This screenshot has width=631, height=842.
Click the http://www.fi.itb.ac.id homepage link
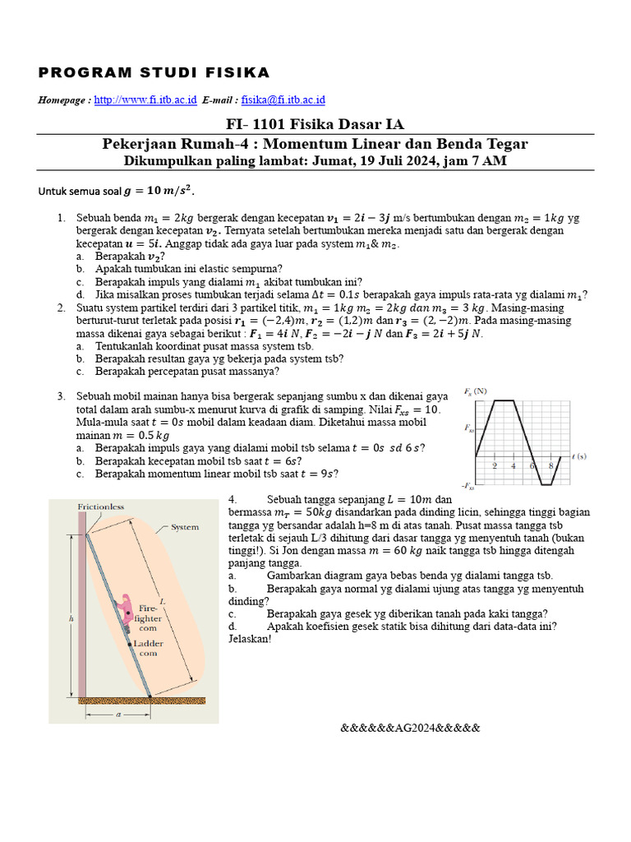[x=145, y=100]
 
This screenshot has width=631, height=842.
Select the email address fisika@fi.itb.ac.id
[x=283, y=100]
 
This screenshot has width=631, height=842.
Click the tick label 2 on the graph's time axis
[x=495, y=465]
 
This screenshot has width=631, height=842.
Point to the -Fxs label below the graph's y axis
[x=469, y=487]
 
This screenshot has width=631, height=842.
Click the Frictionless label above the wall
[x=100, y=507]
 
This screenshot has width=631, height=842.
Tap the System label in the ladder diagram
[x=185, y=528]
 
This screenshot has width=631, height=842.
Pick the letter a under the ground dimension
[x=117, y=715]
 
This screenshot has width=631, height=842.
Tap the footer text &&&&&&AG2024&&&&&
[x=409, y=729]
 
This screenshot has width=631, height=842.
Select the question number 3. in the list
[x=62, y=396]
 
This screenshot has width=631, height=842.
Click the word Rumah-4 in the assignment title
[x=251, y=144]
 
